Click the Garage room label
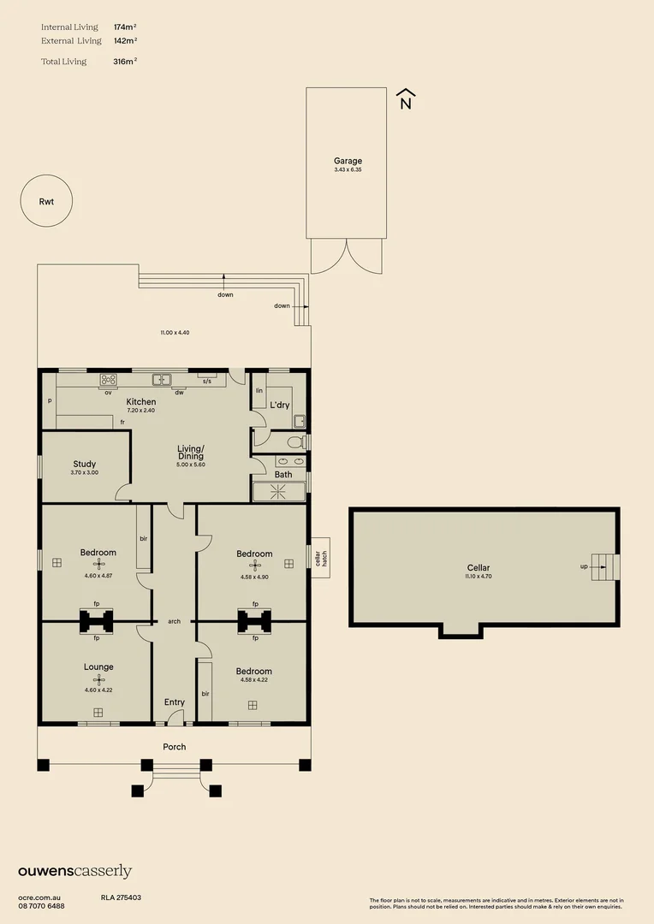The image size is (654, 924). coord(348,161)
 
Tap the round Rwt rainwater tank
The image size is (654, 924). coord(46,202)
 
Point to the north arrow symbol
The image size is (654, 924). coord(406,99)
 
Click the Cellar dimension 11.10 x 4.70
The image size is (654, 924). coord(479,577)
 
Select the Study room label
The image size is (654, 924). coord(84,464)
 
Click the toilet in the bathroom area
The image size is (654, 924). coord(294,441)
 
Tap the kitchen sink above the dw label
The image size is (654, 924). coord(162,379)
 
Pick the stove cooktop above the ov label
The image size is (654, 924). coord(109,380)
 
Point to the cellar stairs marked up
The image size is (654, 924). coord(605,566)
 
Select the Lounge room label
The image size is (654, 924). coord(98,666)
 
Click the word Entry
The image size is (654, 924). coord(175,702)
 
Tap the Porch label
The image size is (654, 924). coord(175,747)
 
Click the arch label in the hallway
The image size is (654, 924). coord(174,622)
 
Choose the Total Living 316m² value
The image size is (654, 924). coord(125,62)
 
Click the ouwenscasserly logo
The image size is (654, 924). coord(74,872)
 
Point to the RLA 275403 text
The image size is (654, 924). coord(121,897)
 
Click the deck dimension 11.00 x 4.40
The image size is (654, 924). coord(174,332)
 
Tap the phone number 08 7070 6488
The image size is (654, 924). coord(41,905)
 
